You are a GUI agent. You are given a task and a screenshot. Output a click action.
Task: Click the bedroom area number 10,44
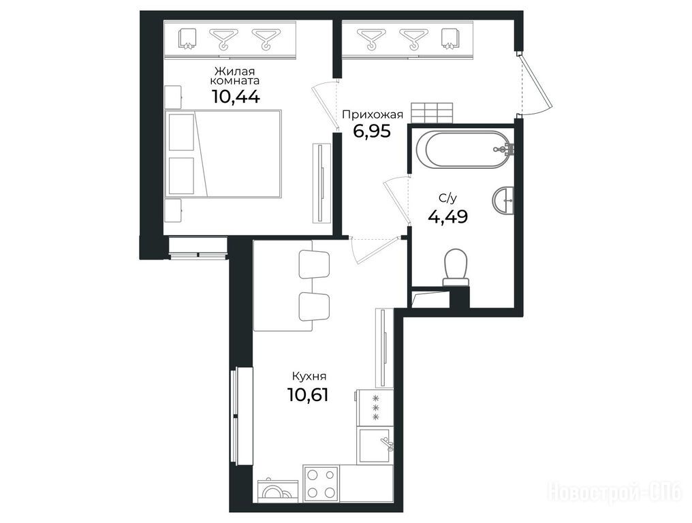236,96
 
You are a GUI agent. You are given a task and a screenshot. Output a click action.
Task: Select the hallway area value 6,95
372,131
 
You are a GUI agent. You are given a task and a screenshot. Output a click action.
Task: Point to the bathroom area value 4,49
448,217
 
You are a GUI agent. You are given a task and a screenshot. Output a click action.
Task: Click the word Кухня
309,377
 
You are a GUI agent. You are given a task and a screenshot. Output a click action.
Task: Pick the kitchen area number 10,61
308,394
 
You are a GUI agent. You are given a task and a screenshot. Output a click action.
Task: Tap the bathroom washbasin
503,200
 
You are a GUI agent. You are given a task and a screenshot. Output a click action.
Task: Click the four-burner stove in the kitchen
321,484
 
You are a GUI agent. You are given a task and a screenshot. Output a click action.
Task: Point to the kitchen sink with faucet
375,445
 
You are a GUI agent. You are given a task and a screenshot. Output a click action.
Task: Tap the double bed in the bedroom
223,153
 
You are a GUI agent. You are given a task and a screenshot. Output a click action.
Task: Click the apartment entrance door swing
535,83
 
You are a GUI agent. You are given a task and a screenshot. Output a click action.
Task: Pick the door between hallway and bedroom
326,106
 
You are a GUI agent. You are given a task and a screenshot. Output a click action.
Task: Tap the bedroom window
198,248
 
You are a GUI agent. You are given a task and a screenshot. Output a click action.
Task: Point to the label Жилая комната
235,76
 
